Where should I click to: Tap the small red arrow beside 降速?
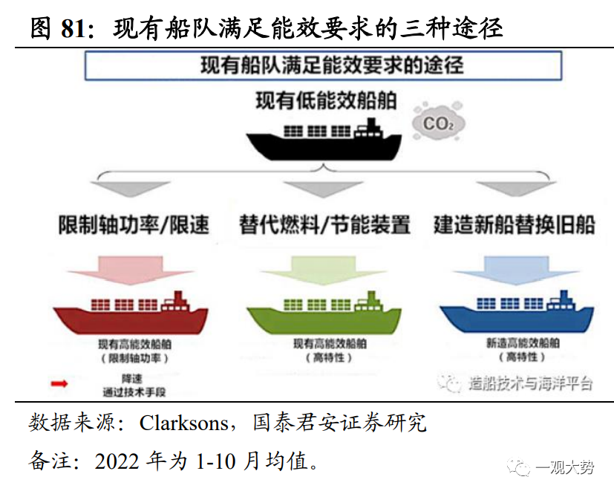coord(59,383)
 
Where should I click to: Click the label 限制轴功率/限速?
coord(134,225)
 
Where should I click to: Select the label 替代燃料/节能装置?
coord(324,225)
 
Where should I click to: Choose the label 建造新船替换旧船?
coord(515,225)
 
